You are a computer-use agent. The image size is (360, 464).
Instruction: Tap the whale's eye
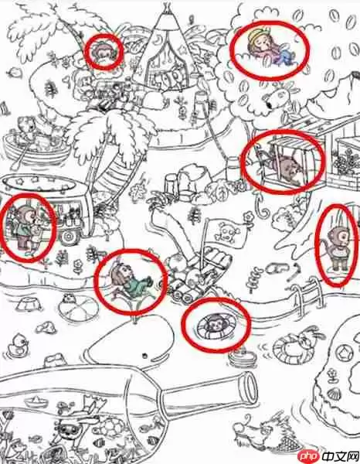click(x=144, y=355)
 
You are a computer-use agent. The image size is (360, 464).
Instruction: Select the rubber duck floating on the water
click(x=19, y=343)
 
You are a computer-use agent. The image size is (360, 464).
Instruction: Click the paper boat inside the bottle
click(x=36, y=401)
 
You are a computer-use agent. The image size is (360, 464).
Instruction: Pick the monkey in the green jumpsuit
click(x=130, y=280)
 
